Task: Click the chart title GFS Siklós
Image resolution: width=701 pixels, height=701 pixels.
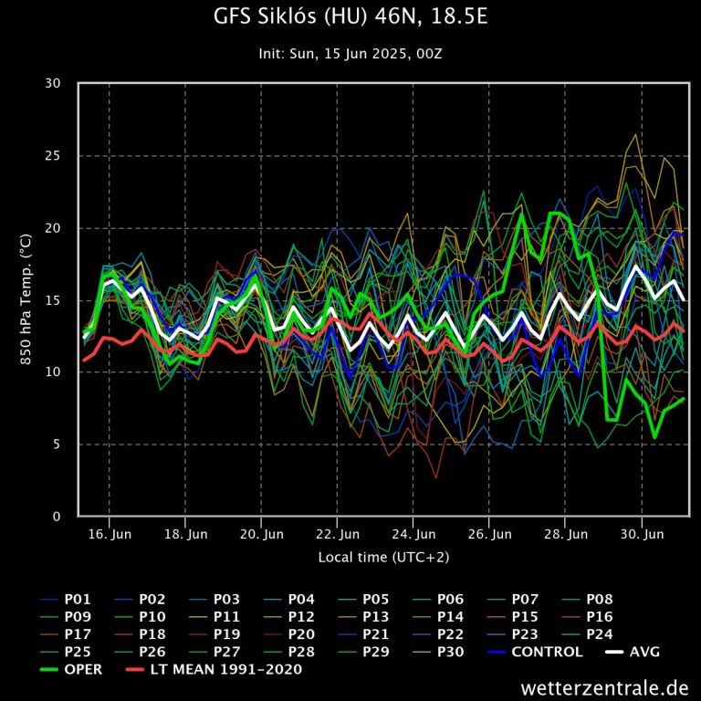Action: (350, 17)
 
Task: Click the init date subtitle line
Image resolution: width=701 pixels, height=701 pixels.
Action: (350, 54)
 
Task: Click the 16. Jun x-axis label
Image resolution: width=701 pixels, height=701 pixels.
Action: (109, 535)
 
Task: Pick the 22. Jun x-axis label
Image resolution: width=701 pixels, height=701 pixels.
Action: (337, 535)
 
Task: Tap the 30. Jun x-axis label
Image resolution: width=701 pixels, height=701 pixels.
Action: (641, 535)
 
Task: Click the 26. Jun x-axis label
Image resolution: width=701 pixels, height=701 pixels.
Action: (488, 535)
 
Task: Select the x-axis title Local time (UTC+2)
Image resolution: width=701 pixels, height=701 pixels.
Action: (383, 556)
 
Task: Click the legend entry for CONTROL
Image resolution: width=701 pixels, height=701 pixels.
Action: (547, 652)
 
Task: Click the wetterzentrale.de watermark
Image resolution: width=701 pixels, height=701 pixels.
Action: (605, 686)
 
